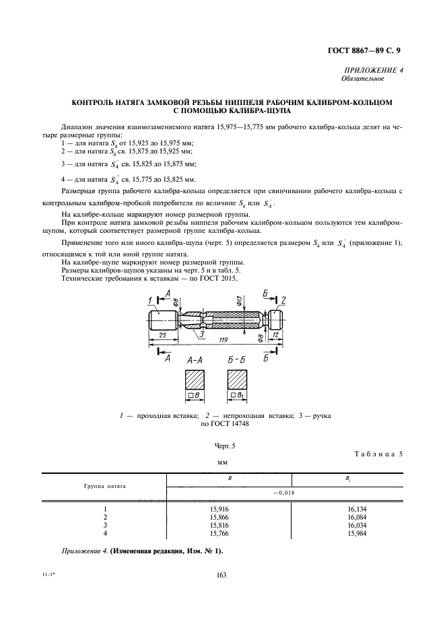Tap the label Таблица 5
tap(378, 453)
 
